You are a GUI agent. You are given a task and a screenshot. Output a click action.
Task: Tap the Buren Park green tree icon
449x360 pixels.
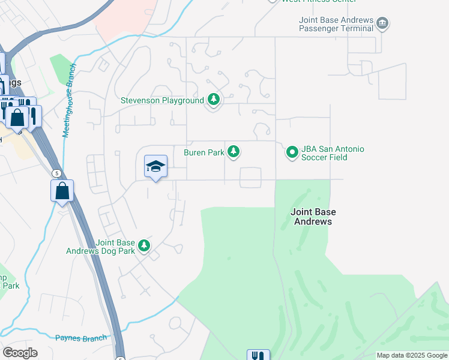pyautogui.click(x=234, y=152)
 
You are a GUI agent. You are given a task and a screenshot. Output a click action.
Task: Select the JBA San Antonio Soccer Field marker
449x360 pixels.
pyautogui.click(x=292, y=152)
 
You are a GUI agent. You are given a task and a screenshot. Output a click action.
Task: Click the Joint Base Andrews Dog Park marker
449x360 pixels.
pyautogui.click(x=143, y=245)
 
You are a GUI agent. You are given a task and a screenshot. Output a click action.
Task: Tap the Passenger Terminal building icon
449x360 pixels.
pyautogui.click(x=382, y=24)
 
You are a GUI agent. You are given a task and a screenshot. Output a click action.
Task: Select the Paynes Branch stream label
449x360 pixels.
pyautogui.click(x=81, y=338)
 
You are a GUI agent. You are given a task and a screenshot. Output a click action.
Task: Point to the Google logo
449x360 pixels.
pyautogui.click(x=20, y=353)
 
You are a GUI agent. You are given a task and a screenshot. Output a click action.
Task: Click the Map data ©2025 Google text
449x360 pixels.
pyautogui.click(x=412, y=355)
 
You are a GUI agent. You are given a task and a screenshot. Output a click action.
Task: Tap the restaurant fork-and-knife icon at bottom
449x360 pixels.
pyautogui.click(x=258, y=355)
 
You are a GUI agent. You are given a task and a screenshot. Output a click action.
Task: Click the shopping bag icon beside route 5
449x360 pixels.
pyautogui.click(x=62, y=191)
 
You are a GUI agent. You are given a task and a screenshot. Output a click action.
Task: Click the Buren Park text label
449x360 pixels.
pyautogui.click(x=203, y=152)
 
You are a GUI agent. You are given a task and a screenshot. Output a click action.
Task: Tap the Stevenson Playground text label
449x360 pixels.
pyautogui.click(x=162, y=100)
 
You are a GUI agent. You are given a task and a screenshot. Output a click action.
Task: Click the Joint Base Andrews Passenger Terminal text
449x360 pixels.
pyautogui.click(x=336, y=24)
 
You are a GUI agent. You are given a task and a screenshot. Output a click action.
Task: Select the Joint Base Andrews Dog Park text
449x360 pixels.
pyautogui.click(x=101, y=247)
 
